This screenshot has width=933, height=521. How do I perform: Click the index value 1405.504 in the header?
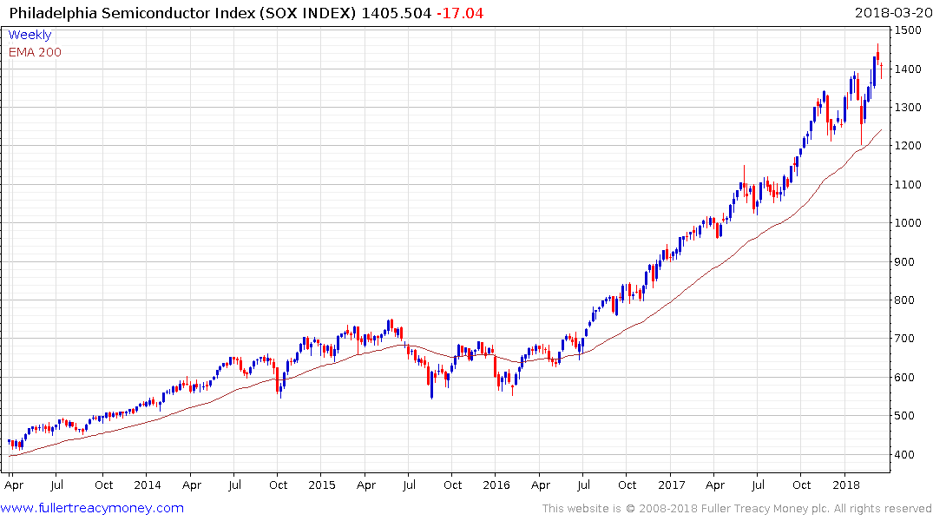(394, 13)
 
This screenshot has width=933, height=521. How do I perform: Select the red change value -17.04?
(461, 13)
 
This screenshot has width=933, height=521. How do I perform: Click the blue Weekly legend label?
(30, 35)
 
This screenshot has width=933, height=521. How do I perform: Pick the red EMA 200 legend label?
(35, 52)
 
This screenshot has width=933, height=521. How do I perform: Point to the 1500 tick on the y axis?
(910, 30)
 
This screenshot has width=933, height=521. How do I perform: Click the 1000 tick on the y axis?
(910, 223)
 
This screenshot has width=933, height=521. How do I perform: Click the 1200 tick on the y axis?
(910, 146)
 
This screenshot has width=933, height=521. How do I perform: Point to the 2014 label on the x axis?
(148, 485)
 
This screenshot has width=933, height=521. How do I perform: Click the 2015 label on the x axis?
(322, 485)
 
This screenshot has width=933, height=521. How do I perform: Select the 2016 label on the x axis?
(496, 485)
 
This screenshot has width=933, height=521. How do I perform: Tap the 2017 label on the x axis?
(671, 485)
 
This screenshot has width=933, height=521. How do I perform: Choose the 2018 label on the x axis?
(845, 485)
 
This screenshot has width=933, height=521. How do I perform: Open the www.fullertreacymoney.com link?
(93, 508)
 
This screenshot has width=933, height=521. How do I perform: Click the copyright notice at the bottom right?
(737, 508)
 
